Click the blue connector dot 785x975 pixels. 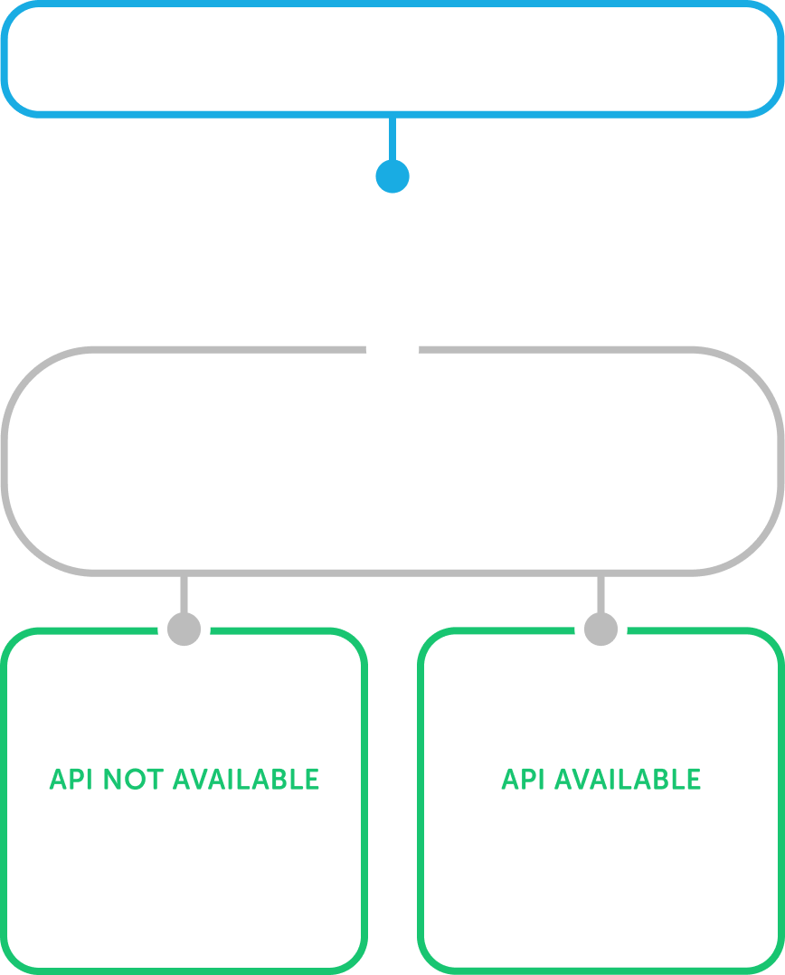(392, 175)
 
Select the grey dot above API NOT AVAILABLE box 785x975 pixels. (184, 629)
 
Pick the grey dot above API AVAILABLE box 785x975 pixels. (601, 629)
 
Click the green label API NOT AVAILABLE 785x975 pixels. (184, 780)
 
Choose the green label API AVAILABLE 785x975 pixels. (601, 780)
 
